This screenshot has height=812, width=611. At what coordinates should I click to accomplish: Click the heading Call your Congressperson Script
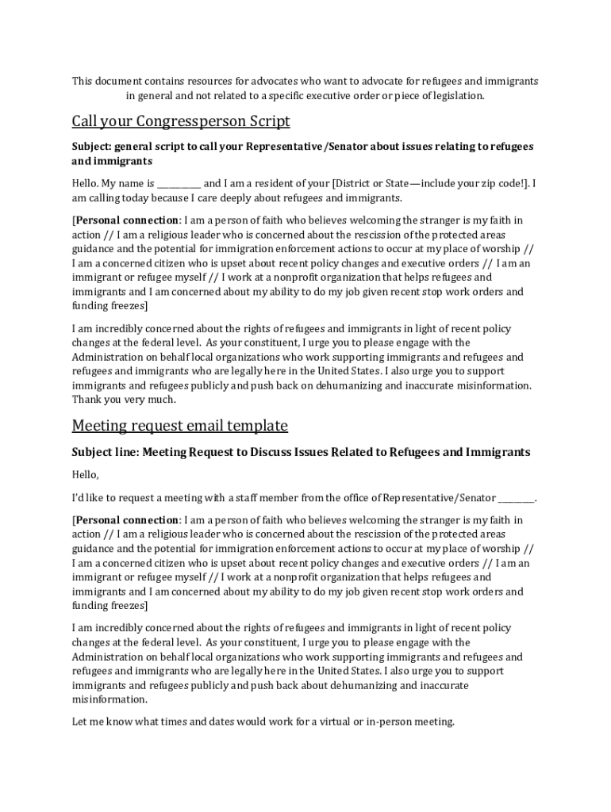tap(181, 121)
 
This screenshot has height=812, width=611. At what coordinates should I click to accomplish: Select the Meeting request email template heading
tap(179, 426)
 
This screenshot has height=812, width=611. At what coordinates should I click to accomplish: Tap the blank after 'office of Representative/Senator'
tap(517, 498)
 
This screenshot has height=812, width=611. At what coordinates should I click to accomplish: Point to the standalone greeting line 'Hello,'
tap(86, 475)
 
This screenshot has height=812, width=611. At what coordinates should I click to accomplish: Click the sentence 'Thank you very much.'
tap(124, 400)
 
